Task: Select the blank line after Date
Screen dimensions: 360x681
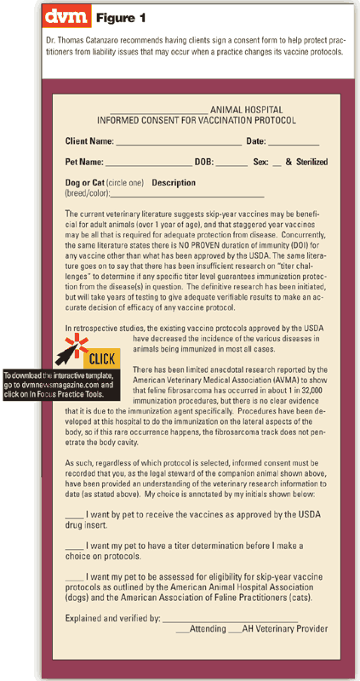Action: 294,141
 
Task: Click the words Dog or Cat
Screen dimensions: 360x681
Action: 86,182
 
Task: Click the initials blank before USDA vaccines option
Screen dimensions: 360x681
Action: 74,516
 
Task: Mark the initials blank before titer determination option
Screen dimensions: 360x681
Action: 74,546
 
